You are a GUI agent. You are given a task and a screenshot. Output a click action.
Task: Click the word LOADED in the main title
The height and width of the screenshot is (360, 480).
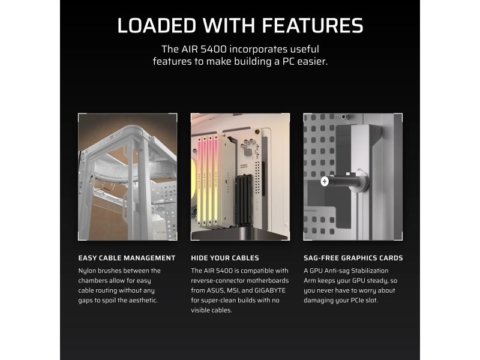pos(157,25)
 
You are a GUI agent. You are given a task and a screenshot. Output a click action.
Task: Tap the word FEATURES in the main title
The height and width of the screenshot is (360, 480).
pos(312,25)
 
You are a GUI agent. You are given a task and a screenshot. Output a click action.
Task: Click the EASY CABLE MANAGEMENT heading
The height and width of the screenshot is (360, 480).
pos(127,258)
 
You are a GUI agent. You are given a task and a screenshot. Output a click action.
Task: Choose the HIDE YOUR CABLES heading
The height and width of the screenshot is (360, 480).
pos(225,258)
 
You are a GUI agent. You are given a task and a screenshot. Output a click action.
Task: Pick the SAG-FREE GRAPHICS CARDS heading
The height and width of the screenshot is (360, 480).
pos(353,258)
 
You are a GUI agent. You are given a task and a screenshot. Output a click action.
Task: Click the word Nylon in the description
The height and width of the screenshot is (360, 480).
pos(86,271)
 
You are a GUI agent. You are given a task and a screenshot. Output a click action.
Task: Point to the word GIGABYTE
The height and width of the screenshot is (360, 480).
pos(271,290)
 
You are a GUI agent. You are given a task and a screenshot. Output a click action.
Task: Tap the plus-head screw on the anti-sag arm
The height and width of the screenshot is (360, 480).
pos(325,182)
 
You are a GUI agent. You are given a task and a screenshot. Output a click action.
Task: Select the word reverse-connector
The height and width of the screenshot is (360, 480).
pos(218,281)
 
